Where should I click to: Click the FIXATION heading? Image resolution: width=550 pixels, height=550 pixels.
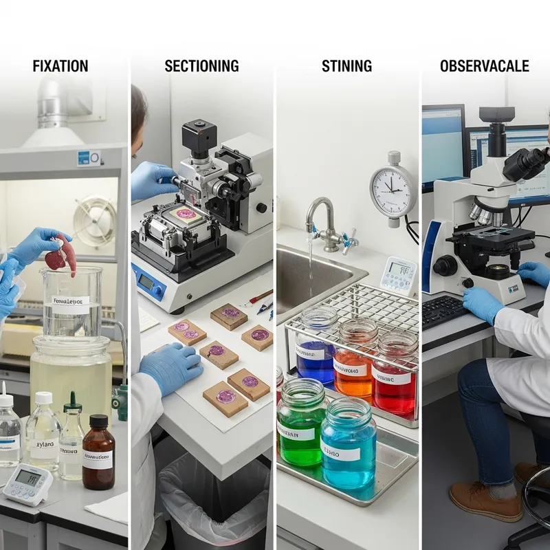tap(60, 67)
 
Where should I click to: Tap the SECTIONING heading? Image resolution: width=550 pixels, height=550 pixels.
tap(201, 67)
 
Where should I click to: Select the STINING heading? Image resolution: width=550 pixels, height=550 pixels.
tap(346, 67)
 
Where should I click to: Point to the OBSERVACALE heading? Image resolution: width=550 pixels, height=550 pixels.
tap(485, 67)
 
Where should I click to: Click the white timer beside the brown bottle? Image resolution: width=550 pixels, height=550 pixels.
tap(27, 482)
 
